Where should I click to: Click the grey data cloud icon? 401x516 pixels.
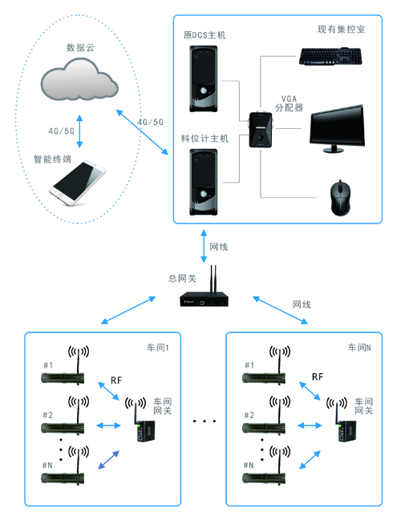click(79, 79)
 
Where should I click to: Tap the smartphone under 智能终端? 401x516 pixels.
click(78, 183)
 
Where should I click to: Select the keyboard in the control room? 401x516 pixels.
click(330, 56)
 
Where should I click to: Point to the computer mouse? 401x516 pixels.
click(340, 198)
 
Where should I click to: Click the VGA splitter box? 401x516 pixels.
click(261, 130)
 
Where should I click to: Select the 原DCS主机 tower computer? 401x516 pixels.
click(203, 79)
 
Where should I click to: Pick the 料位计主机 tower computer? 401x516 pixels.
click(203, 183)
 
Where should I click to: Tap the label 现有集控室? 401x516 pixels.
click(342, 30)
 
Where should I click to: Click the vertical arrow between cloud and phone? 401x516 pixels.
click(79, 131)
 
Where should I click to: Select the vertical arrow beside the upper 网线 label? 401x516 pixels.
click(204, 246)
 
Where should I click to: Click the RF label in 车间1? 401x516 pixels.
click(116, 381)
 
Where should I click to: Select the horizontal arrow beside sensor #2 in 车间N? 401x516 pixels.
click(310, 425)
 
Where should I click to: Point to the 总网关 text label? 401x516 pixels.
click(182, 279)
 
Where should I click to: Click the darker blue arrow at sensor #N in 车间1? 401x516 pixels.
click(109, 460)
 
